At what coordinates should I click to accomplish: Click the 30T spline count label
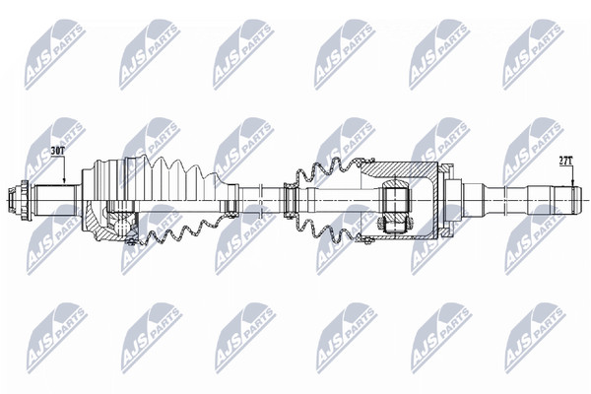[x=58, y=151]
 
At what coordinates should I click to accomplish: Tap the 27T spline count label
[x=565, y=161]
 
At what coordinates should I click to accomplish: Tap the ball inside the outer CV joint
[x=121, y=227]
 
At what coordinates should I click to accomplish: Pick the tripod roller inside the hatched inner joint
[x=395, y=206]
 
